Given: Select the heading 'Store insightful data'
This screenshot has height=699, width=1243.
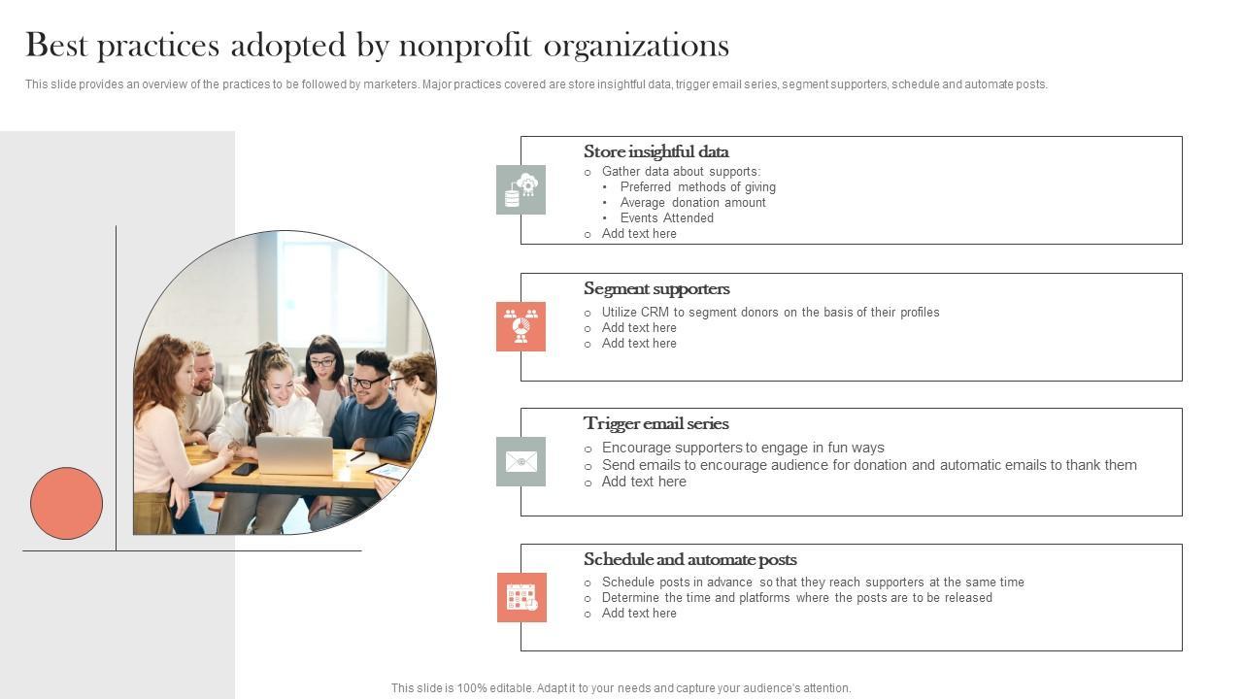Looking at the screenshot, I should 655,151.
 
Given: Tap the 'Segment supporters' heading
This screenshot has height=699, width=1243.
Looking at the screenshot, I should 656,288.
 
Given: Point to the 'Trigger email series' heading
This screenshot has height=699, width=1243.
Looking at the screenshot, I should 655,423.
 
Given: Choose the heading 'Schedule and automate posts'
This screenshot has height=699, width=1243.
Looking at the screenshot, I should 689,559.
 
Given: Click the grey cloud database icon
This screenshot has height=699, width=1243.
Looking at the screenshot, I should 521,189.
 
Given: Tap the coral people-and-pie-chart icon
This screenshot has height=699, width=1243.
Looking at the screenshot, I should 521,326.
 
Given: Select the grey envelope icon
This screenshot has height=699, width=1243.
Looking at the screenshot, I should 521,461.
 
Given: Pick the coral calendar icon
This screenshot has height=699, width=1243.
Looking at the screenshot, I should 521,597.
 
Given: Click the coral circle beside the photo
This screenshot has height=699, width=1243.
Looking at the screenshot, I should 66,503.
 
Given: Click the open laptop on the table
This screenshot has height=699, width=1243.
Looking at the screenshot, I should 294,454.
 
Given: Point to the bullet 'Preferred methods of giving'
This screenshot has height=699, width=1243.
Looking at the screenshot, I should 697,187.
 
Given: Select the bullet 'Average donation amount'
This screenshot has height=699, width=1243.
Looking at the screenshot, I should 692,203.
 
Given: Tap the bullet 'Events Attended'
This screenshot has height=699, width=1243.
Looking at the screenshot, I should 666,218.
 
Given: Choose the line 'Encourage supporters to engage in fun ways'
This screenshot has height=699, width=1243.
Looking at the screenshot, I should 743,448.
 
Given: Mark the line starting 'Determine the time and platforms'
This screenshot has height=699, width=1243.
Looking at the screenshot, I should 796,598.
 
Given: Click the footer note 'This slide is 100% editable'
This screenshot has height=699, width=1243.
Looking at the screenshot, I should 621,688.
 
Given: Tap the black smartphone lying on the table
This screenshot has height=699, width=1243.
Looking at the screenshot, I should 245,469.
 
